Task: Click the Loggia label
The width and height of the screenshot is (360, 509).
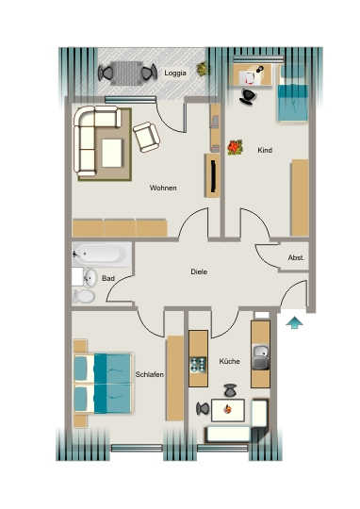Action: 175,73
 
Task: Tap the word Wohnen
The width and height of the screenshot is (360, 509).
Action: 163,188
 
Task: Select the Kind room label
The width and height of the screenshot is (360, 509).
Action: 265,150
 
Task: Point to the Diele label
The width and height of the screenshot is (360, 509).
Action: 199,271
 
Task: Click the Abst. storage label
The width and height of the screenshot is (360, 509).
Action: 296,257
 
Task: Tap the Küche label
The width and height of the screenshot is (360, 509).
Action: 230,361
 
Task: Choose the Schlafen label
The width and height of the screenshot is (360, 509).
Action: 149,374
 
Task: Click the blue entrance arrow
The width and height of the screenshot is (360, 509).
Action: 294,322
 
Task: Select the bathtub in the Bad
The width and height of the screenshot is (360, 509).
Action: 102,254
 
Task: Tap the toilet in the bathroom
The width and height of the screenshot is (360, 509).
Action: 84,296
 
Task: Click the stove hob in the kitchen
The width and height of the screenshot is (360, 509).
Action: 198,365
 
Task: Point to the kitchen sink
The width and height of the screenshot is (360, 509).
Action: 261,357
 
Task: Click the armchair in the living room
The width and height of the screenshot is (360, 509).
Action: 146,137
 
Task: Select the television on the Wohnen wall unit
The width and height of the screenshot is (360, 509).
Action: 213,175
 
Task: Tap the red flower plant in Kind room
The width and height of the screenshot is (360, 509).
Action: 236,147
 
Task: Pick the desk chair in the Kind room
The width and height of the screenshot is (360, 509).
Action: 248,97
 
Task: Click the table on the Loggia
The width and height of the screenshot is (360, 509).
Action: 127,74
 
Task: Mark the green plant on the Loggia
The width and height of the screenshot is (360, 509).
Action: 202,69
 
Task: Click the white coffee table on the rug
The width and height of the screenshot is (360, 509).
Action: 112,153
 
